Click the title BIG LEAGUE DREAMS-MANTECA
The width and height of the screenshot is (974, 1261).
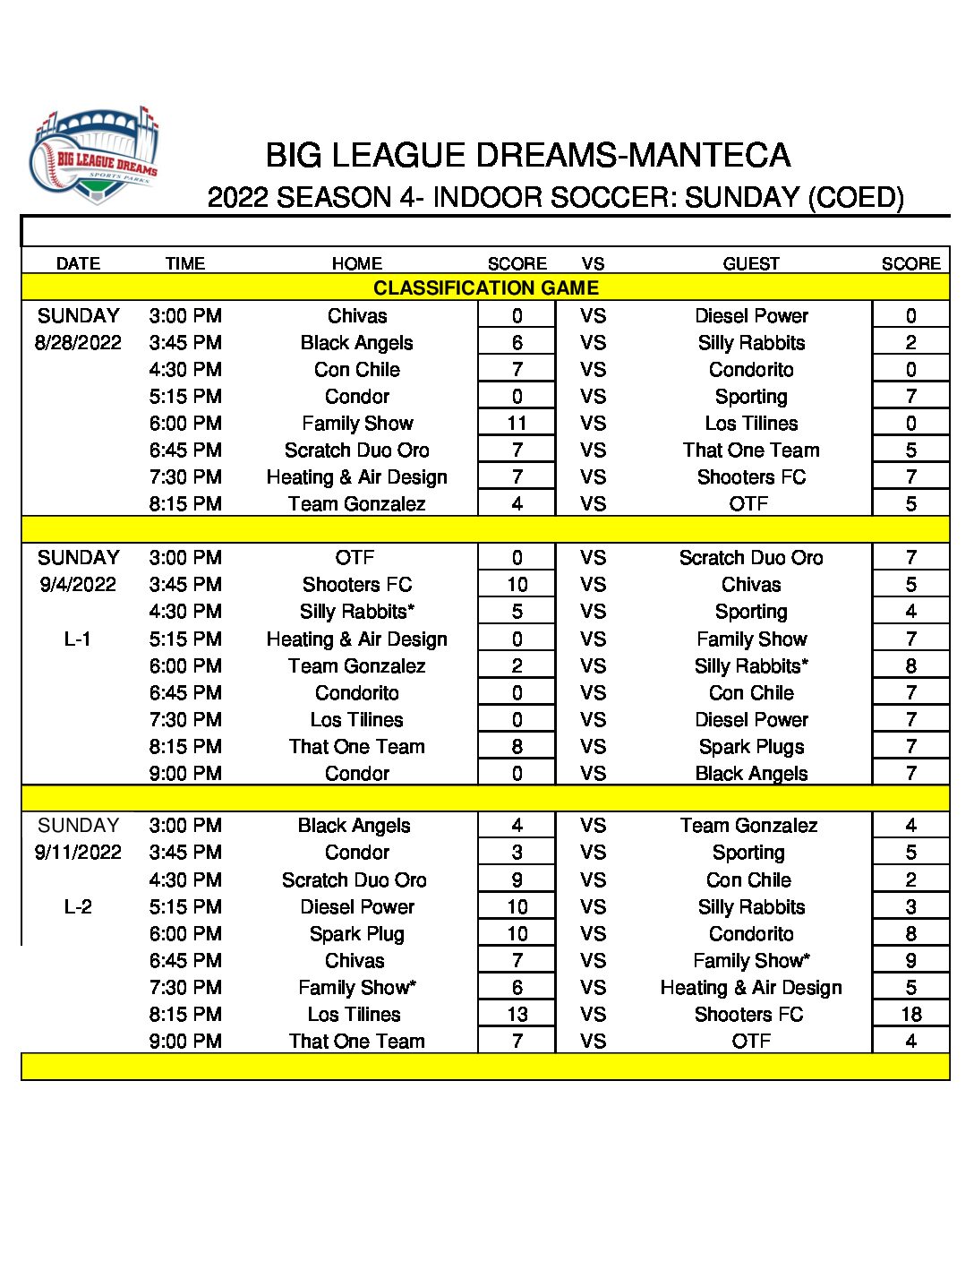(x=528, y=156)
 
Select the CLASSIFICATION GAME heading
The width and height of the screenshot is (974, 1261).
(x=485, y=287)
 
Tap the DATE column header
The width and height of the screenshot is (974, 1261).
(x=78, y=263)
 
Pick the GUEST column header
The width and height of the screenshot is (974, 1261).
(x=751, y=263)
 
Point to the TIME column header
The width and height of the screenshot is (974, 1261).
(x=185, y=263)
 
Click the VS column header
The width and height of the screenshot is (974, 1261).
(x=593, y=263)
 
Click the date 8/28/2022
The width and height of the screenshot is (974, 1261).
(x=78, y=342)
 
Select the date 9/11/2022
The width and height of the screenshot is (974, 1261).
(x=78, y=852)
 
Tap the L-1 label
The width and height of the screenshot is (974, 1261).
(x=78, y=639)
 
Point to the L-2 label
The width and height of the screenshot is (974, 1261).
(x=78, y=906)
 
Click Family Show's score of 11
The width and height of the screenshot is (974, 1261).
(x=517, y=423)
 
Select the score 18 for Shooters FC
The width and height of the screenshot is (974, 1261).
(x=910, y=1014)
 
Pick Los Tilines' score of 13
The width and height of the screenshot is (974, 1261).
(x=517, y=1014)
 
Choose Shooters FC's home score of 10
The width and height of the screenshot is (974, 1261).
(x=517, y=584)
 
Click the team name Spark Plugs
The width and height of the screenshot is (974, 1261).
(x=751, y=746)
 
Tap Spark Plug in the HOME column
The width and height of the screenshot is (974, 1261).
(x=356, y=933)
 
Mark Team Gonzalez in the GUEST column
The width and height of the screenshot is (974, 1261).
(x=748, y=825)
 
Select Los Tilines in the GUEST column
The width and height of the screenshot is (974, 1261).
(x=751, y=423)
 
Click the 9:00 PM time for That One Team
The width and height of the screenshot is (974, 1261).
(x=185, y=1041)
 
